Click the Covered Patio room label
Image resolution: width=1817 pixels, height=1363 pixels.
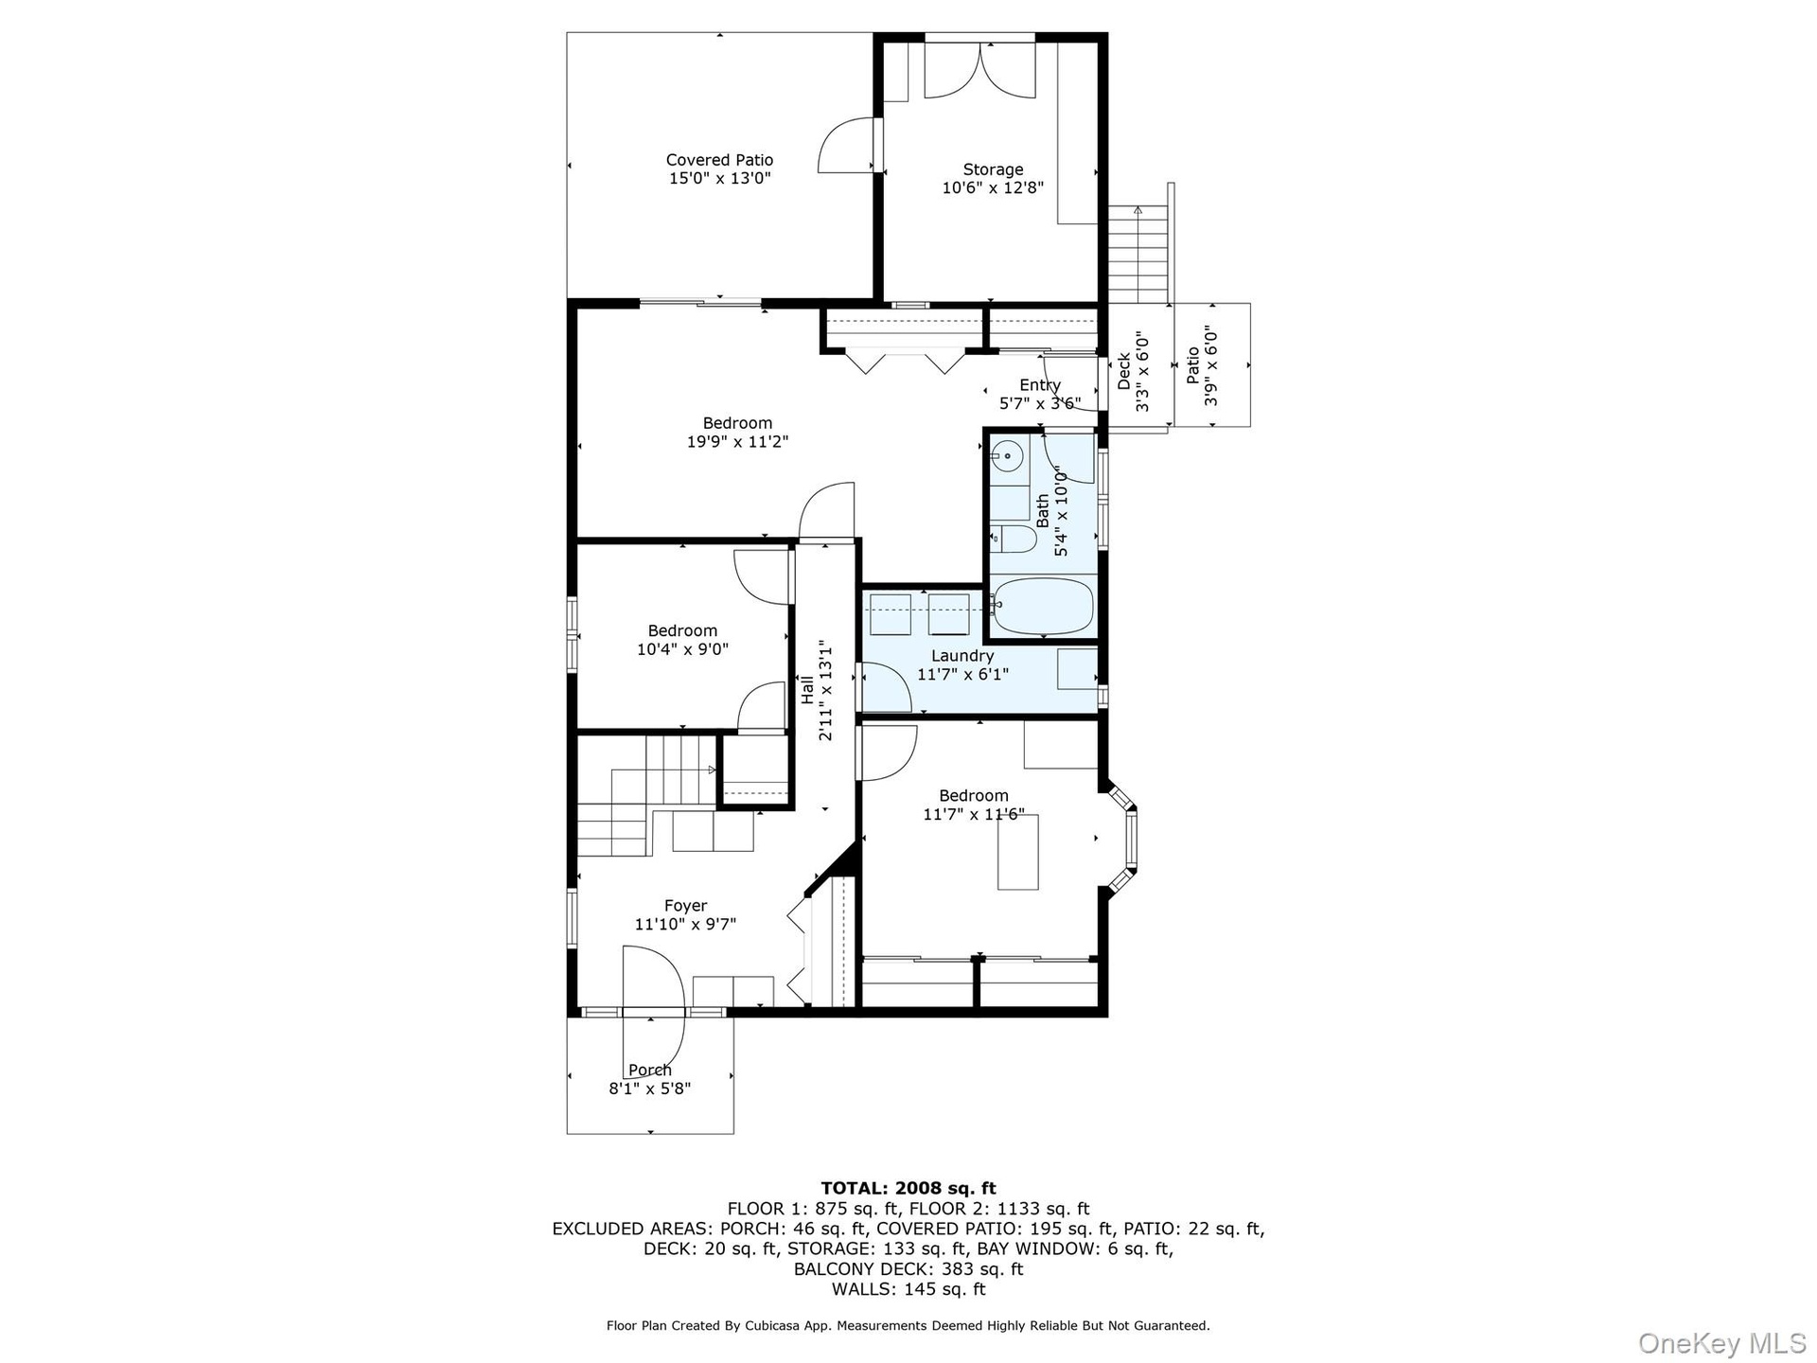pos(719,160)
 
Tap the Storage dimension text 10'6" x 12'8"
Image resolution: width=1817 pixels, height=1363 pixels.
pos(993,187)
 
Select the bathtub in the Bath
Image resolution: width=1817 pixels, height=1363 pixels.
pos(1044,607)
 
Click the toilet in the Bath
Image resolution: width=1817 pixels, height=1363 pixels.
pos(1014,540)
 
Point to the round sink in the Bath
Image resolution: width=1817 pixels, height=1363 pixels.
pos(1008,457)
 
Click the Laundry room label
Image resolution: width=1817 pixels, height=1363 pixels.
pos(962,656)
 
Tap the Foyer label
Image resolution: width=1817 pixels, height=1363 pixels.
pos(685,906)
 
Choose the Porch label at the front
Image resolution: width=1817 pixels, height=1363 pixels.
pos(650,1070)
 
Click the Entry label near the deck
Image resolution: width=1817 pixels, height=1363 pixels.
pos(1040,385)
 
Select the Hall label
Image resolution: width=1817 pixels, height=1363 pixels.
pos(807,689)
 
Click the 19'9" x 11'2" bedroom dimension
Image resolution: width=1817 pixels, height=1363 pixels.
pos(737,441)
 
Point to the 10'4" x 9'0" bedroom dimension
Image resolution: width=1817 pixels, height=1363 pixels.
pos(682,649)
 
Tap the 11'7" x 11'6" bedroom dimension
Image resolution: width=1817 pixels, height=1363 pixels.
pos(974,814)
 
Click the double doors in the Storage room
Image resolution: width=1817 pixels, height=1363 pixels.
pos(979,68)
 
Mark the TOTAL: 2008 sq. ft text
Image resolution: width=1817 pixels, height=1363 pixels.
pos(908,1188)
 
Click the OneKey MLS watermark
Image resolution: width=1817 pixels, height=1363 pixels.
pos(1722,1342)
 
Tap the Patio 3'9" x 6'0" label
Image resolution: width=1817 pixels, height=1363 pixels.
pos(1201,365)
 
